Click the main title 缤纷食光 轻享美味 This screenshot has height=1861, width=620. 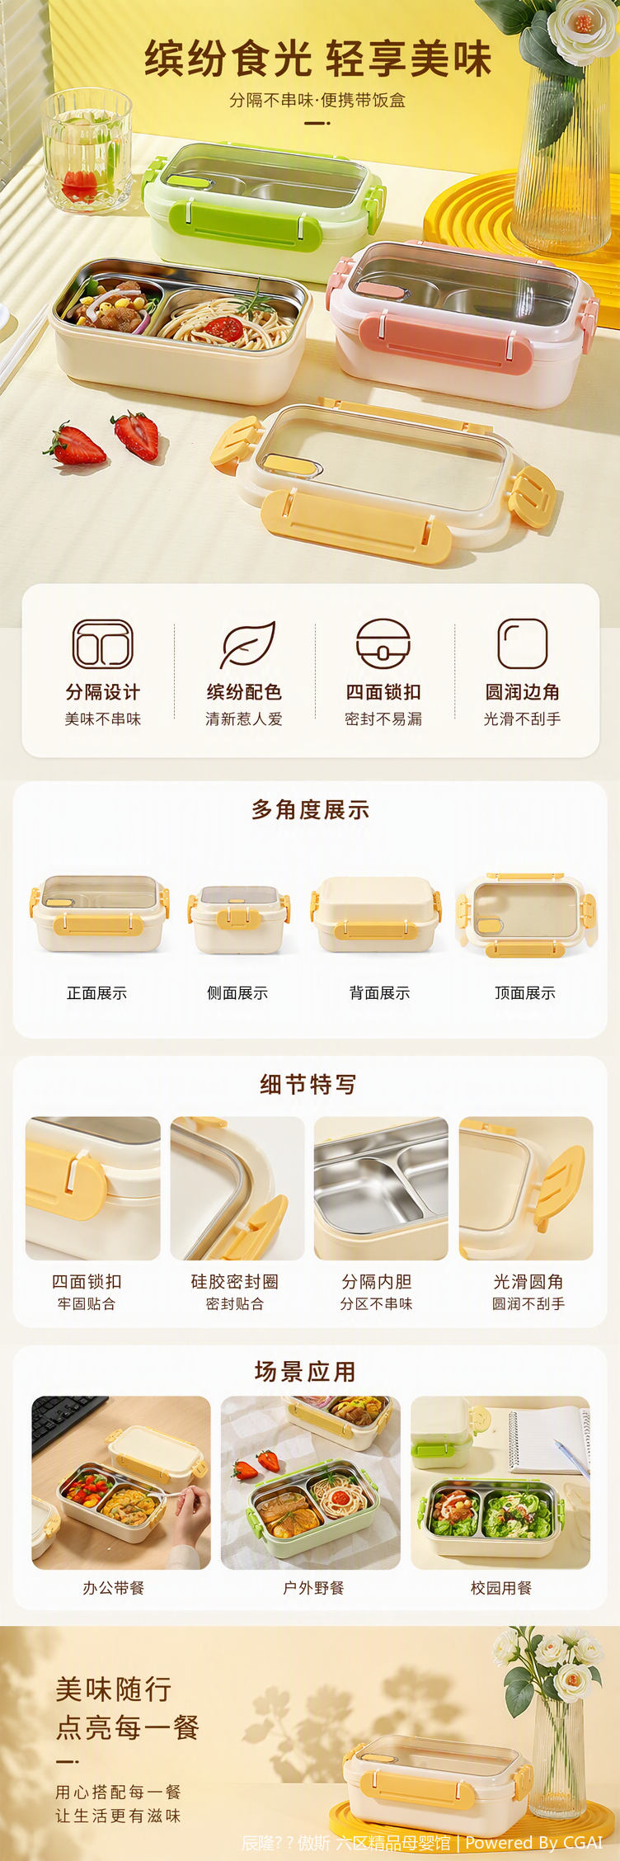(x=318, y=59)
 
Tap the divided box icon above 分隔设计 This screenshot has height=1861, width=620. (x=103, y=643)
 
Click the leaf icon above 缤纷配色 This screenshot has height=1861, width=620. (x=247, y=644)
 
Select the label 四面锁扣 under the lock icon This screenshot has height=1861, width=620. (x=383, y=692)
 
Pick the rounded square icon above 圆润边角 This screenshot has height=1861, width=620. (x=523, y=643)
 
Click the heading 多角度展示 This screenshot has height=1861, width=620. (x=310, y=810)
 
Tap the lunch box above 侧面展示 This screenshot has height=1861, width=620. (x=238, y=919)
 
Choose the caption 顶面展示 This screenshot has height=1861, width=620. (x=524, y=993)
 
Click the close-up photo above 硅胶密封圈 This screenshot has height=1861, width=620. (x=237, y=1188)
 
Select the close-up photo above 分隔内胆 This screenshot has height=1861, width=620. (x=381, y=1188)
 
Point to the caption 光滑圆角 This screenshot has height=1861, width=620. (x=528, y=1282)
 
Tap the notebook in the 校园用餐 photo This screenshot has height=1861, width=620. (x=548, y=1439)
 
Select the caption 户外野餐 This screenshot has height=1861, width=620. (x=313, y=1588)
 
